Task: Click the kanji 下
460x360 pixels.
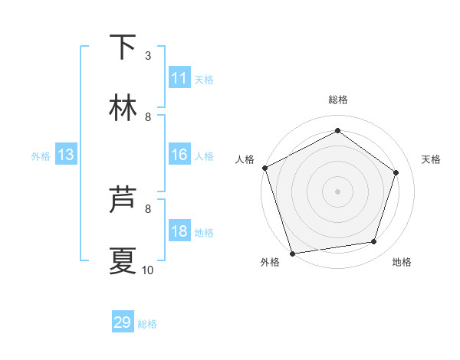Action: pos(123,47)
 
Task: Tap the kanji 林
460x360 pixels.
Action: pos(123,108)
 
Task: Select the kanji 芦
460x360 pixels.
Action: pos(123,200)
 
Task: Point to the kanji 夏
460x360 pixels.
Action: pos(123,260)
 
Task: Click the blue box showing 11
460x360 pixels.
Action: pos(179,78)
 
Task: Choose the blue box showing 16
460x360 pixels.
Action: pos(179,155)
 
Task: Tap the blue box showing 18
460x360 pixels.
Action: pos(179,232)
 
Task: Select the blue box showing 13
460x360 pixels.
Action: pos(66,155)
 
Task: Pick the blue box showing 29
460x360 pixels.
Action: pos(123,322)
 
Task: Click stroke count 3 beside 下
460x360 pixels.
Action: pos(148,55)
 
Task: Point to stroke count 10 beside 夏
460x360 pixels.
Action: pos(148,270)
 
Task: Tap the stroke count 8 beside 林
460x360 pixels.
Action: pos(148,116)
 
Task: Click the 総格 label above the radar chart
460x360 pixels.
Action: pos(338,100)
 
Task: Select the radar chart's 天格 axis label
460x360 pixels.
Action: pos(432,159)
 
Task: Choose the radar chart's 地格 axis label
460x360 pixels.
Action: pos(402,263)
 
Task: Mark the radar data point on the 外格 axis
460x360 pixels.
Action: pos(292,253)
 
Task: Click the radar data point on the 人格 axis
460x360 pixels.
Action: pos(264,168)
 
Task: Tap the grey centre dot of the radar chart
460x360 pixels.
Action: pos(338,191)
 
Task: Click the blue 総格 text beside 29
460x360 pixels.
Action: pos(147,324)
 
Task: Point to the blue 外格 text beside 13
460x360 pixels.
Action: pos(41,156)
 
